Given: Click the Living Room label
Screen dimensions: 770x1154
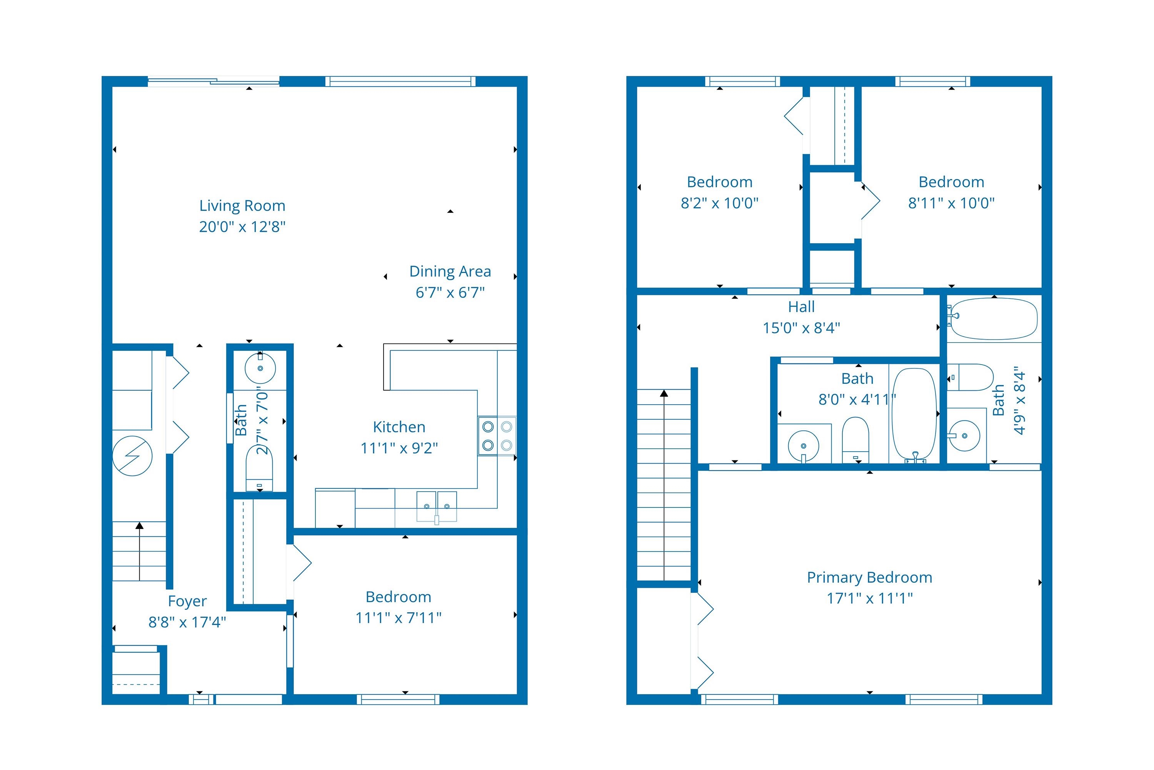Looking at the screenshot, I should (242, 205).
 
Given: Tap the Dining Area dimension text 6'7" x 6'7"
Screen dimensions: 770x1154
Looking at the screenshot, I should (450, 292).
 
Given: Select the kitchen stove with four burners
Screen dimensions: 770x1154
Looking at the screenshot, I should (497, 435).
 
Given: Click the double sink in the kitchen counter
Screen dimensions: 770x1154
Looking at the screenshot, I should (436, 506).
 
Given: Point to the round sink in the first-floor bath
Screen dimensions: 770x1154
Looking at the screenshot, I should (260, 368).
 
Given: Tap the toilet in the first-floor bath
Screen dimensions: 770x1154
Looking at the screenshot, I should (259, 469).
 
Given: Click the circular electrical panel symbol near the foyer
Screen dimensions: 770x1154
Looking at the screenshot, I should (132, 456).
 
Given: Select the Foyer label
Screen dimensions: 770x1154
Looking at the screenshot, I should (187, 601).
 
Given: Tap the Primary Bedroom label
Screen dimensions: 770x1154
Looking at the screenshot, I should (869, 577).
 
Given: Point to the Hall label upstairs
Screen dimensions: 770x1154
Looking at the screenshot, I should (801, 307).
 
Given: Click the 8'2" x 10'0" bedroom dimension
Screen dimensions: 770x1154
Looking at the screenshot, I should (719, 203).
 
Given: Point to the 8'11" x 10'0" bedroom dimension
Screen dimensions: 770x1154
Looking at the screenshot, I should (951, 203).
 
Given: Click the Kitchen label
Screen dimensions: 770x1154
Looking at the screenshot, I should (399, 427).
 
